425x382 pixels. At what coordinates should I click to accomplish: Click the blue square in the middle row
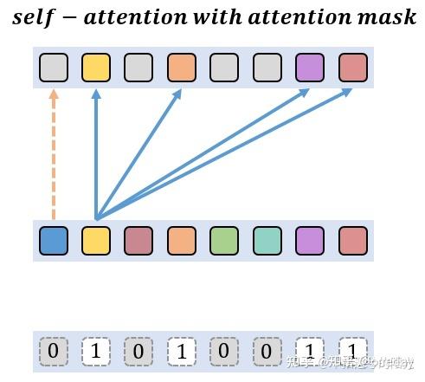(54, 240)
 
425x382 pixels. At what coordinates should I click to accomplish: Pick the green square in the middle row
(224, 240)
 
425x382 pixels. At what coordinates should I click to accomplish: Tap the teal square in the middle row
(267, 240)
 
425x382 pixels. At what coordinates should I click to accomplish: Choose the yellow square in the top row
(96, 68)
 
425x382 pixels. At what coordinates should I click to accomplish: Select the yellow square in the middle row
(96, 240)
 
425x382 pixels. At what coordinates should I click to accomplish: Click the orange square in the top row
(182, 68)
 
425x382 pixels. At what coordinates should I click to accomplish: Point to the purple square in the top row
(310, 68)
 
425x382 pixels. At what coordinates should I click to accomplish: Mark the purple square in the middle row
(310, 240)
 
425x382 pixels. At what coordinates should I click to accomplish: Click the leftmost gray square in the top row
(54, 68)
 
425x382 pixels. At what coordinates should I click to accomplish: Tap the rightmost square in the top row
(352, 68)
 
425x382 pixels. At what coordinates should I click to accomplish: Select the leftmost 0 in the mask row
(54, 351)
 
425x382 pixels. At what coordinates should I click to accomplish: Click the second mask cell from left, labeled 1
(96, 351)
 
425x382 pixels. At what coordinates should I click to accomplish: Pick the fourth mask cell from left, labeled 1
(182, 351)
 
